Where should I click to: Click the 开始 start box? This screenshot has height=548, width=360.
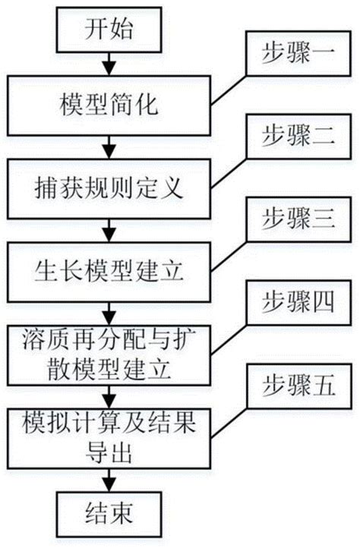point(109,30)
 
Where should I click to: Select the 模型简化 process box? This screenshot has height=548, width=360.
point(109,106)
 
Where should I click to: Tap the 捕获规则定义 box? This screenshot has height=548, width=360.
point(109,189)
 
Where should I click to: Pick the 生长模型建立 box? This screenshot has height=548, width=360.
point(109,272)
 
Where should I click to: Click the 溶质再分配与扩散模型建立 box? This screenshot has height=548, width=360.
point(109,355)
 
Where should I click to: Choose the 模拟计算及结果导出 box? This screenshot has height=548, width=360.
point(109,439)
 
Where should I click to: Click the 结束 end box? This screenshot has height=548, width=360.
point(109,514)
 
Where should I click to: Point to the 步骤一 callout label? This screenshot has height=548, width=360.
point(298,53)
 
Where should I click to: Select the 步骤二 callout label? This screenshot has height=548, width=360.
point(298,137)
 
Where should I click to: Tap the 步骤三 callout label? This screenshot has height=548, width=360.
point(298,219)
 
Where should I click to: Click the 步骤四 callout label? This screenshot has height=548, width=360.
point(298,303)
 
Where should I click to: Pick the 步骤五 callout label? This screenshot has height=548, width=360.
point(298,386)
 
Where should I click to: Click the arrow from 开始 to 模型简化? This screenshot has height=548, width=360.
point(109,64)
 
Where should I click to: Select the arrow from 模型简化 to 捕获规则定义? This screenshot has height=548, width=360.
point(109,147)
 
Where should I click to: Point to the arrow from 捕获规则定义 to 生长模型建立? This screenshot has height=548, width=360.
point(109,231)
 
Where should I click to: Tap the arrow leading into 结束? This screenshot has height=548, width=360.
point(109,480)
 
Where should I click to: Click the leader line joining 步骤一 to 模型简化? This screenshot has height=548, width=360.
point(229,90)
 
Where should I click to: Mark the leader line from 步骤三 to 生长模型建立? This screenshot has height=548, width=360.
point(229,257)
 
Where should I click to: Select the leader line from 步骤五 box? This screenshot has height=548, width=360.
point(229,423)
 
